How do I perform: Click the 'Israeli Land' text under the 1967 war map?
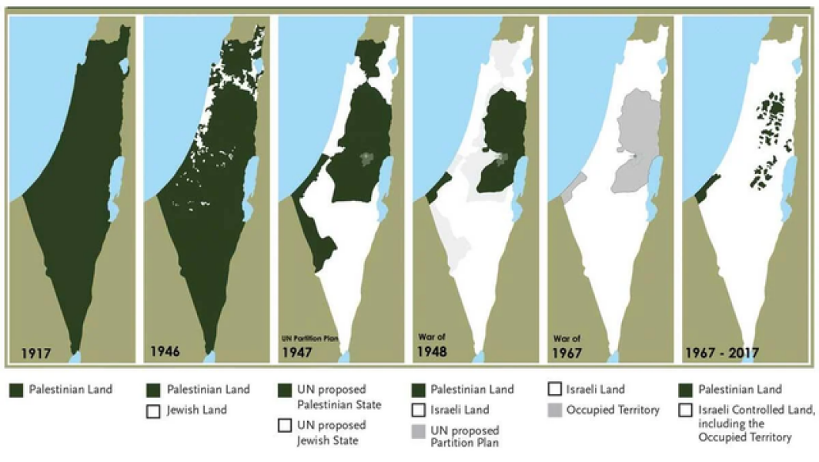[x=595, y=390]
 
